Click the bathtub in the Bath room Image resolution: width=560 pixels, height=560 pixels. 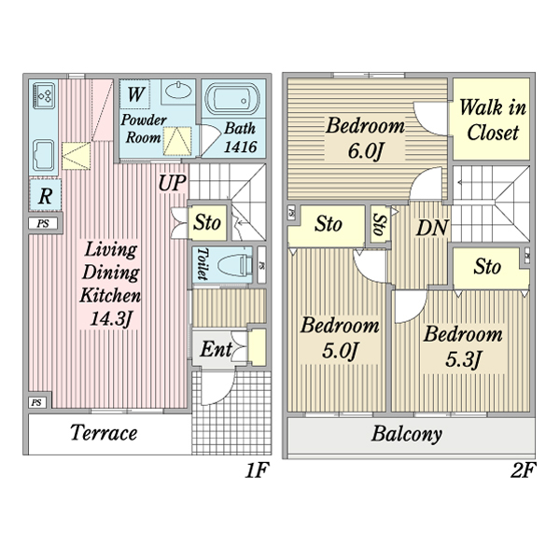234,101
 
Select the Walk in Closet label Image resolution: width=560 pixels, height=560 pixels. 492,120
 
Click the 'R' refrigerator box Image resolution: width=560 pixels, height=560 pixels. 44,196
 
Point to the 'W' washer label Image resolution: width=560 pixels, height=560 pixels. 136,94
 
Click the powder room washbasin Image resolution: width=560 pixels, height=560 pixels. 177,92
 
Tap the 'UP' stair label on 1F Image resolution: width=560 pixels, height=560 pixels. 172,183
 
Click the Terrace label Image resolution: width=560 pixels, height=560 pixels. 104,433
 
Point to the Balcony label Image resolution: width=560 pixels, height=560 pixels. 406,434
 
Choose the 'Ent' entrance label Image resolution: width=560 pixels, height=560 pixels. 217,350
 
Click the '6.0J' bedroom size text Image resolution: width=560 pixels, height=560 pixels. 364,150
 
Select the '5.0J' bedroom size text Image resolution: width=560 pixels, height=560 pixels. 339,352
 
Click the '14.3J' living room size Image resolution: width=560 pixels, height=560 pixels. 111,320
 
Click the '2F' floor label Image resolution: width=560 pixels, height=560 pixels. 523,471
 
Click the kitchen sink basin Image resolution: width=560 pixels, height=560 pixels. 44,152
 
